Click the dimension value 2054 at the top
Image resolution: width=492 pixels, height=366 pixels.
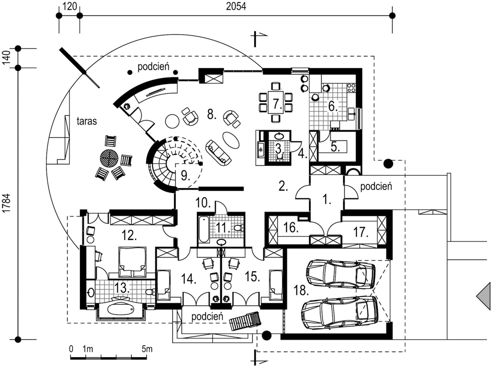(x=236, y=6)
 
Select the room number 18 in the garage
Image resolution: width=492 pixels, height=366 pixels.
(x=301, y=290)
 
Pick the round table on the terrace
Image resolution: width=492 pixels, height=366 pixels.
(x=109, y=157)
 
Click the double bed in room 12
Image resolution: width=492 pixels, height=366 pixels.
(x=132, y=262)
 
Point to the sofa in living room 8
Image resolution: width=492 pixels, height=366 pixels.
(x=219, y=152)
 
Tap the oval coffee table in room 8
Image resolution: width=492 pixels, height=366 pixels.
(x=231, y=140)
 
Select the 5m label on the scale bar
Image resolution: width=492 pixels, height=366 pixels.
(x=147, y=349)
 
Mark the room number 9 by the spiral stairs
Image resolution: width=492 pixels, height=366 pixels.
(x=185, y=176)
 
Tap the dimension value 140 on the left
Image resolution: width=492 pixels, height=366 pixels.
(x=6, y=58)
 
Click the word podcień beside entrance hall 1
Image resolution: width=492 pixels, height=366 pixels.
(x=376, y=186)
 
